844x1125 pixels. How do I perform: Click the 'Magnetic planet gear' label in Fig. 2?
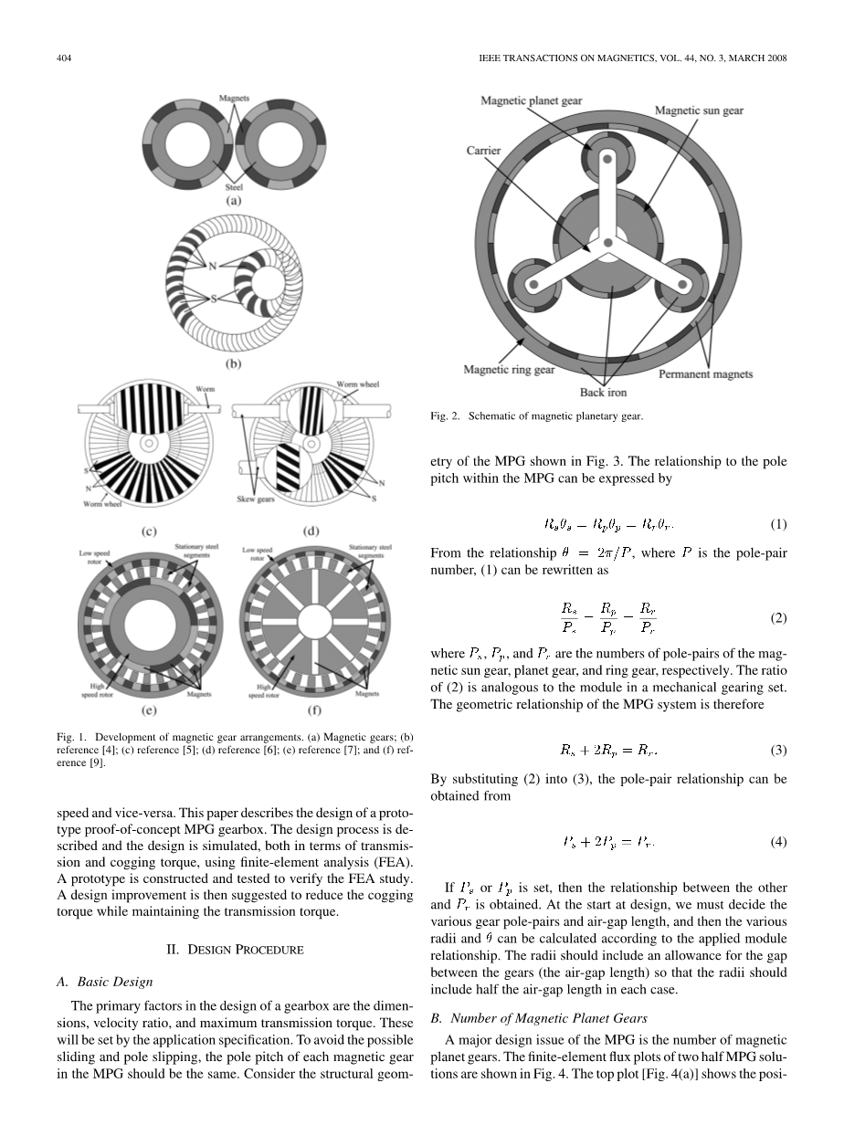click(x=532, y=100)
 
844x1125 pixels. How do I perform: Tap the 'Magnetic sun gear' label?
click(x=699, y=110)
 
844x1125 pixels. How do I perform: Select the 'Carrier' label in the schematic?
click(x=483, y=151)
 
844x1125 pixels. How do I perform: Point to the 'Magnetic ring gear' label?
click(x=509, y=370)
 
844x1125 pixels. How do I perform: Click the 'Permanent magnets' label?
click(x=706, y=373)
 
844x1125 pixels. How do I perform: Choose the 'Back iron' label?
click(x=604, y=393)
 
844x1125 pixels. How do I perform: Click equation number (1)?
click(x=778, y=525)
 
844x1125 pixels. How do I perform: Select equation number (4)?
click(x=778, y=841)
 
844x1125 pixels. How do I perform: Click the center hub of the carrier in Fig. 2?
click(x=607, y=243)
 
